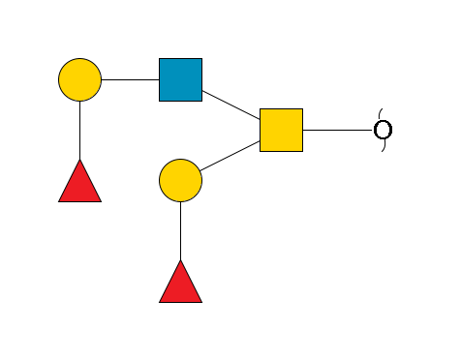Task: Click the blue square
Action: point(180,79)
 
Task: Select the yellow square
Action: point(281,130)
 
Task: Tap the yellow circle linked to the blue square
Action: point(79,79)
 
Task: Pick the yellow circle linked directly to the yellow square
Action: point(180,180)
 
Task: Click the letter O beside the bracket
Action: point(383,130)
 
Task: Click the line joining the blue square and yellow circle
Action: point(130,79)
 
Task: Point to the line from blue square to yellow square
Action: point(230,105)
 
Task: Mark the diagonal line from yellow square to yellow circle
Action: point(230,155)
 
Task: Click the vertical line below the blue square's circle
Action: point(79,130)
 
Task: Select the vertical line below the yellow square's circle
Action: point(180,230)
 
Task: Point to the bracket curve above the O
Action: point(381,113)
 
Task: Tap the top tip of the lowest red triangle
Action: point(180,261)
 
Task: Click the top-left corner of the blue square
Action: point(160,59)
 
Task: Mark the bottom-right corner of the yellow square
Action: point(301,150)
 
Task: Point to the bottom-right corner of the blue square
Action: point(200,100)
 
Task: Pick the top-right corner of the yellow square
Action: point(301,109)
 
